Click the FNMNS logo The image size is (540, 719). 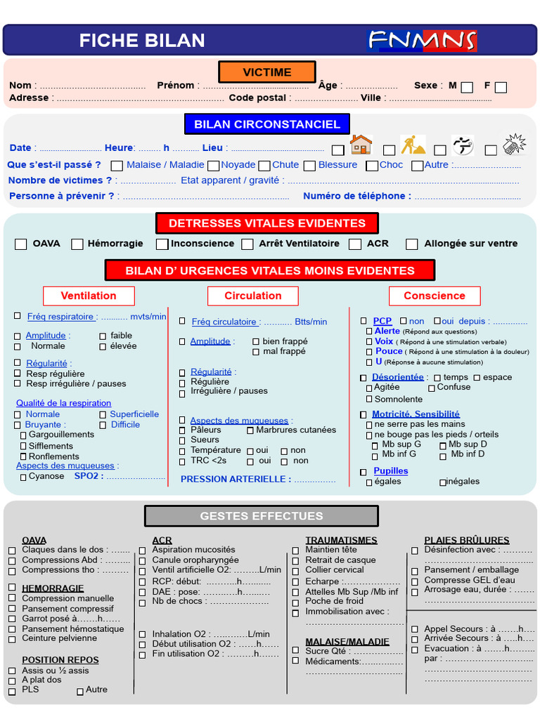click(x=421, y=40)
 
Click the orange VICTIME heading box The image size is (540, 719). click(x=266, y=72)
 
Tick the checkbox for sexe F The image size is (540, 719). click(x=501, y=87)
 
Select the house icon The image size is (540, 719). click(x=361, y=145)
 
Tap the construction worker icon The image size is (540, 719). click(x=413, y=145)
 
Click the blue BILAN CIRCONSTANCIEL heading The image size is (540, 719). click(x=266, y=124)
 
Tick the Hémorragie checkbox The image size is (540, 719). click(x=77, y=244)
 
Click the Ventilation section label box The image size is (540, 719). click(x=88, y=296)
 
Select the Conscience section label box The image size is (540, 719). click(x=434, y=296)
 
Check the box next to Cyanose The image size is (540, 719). click(x=22, y=477)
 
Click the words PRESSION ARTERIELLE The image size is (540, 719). click(x=236, y=479)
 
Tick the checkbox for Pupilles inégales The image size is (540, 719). click(x=442, y=482)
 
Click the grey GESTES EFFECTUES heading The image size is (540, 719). click(x=261, y=516)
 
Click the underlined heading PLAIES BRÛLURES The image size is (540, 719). click(x=466, y=540)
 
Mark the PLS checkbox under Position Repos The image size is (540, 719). click(x=12, y=691)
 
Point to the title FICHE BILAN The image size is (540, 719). click(x=142, y=41)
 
